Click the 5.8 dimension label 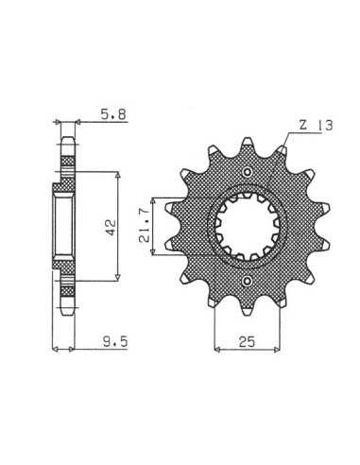coord(113,114)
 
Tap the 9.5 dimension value coord(115,341)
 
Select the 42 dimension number coord(111,228)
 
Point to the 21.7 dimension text coord(145,227)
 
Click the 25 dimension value coord(247,341)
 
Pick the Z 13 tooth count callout coord(316,126)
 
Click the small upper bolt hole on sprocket coord(248,172)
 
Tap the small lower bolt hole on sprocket coord(248,281)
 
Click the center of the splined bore coord(249,227)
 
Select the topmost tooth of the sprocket coord(248,144)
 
